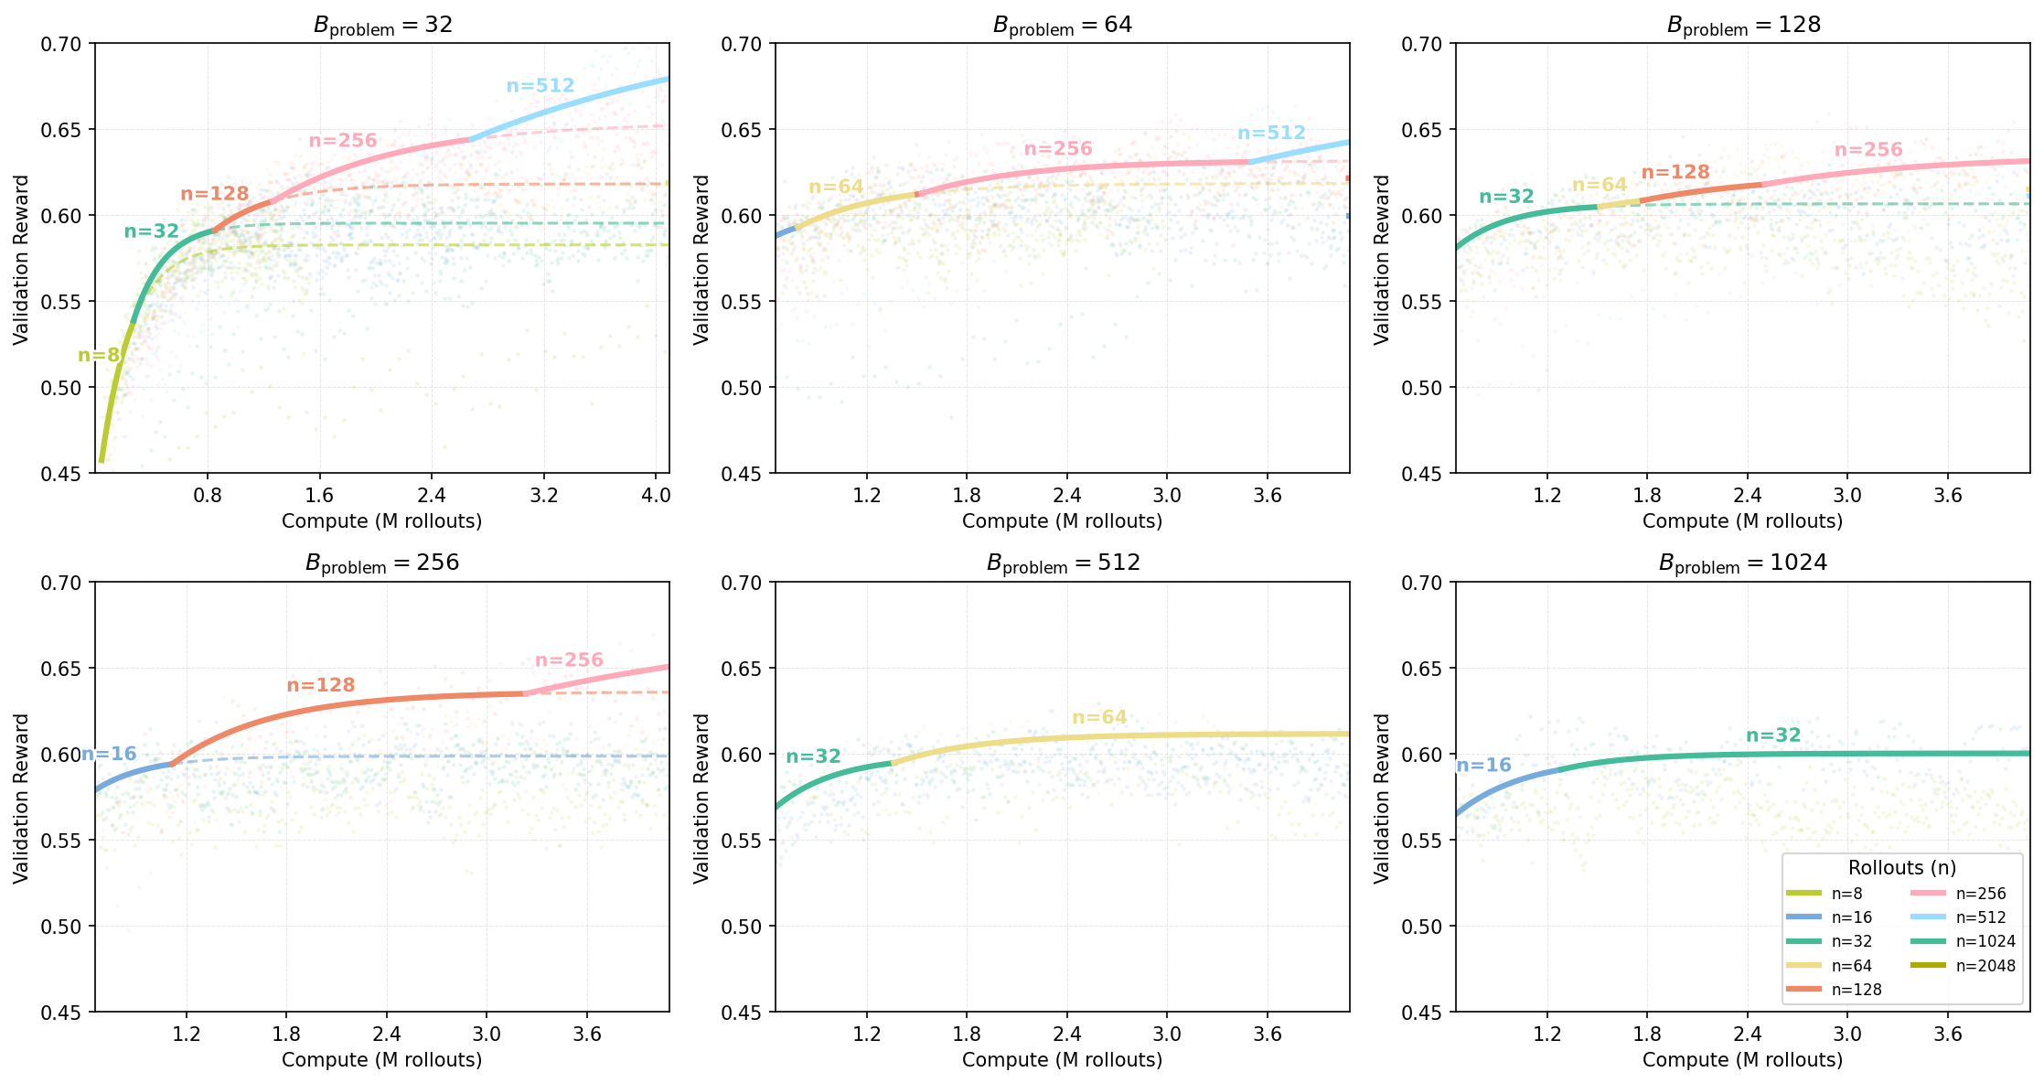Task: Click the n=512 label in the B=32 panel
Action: (x=540, y=86)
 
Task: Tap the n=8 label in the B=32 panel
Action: (x=99, y=356)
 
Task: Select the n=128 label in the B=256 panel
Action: (x=320, y=685)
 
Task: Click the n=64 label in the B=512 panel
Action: (x=1099, y=717)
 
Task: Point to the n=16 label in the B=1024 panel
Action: (x=1482, y=766)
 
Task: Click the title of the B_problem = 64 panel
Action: (x=1062, y=25)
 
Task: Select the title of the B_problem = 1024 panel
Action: (x=1742, y=563)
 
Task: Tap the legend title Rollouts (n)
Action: (x=1901, y=868)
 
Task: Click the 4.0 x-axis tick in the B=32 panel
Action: (x=656, y=496)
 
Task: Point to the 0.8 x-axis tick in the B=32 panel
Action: (x=208, y=496)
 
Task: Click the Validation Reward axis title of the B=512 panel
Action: (x=701, y=798)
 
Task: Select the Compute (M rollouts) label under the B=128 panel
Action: (x=1742, y=521)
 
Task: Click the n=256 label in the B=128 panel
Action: (x=1868, y=150)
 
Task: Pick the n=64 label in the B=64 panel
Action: (x=836, y=188)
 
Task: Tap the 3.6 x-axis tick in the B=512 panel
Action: (x=1267, y=1035)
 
